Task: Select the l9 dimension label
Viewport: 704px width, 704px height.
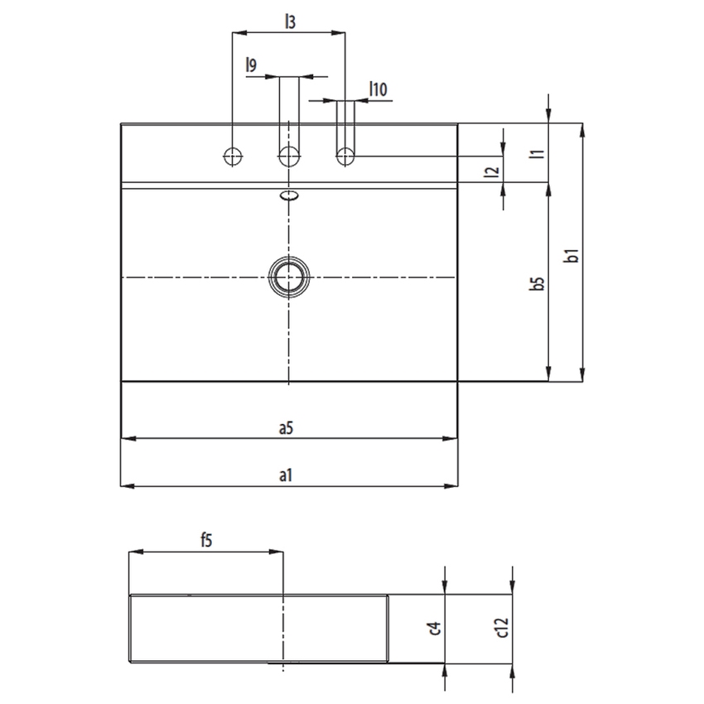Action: click(x=251, y=65)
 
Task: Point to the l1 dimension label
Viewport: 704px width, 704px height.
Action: click(x=537, y=152)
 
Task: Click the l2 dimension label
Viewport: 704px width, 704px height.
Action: click(x=492, y=171)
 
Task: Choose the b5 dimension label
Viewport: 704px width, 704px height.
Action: click(x=537, y=282)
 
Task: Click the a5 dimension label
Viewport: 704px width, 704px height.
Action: click(x=286, y=427)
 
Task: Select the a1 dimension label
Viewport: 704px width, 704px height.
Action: click(x=286, y=475)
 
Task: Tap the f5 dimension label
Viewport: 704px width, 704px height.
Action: click(x=206, y=541)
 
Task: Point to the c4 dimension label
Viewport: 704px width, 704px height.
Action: click(x=433, y=629)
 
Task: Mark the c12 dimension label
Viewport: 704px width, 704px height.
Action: click(x=502, y=629)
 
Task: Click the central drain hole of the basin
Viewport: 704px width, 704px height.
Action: click(x=288, y=276)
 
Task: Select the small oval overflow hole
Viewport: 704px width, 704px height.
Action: click(x=288, y=196)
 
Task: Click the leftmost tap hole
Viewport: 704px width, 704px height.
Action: click(x=233, y=155)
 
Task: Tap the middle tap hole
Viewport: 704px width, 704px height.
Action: click(x=288, y=155)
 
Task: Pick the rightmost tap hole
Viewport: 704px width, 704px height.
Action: click(x=345, y=155)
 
